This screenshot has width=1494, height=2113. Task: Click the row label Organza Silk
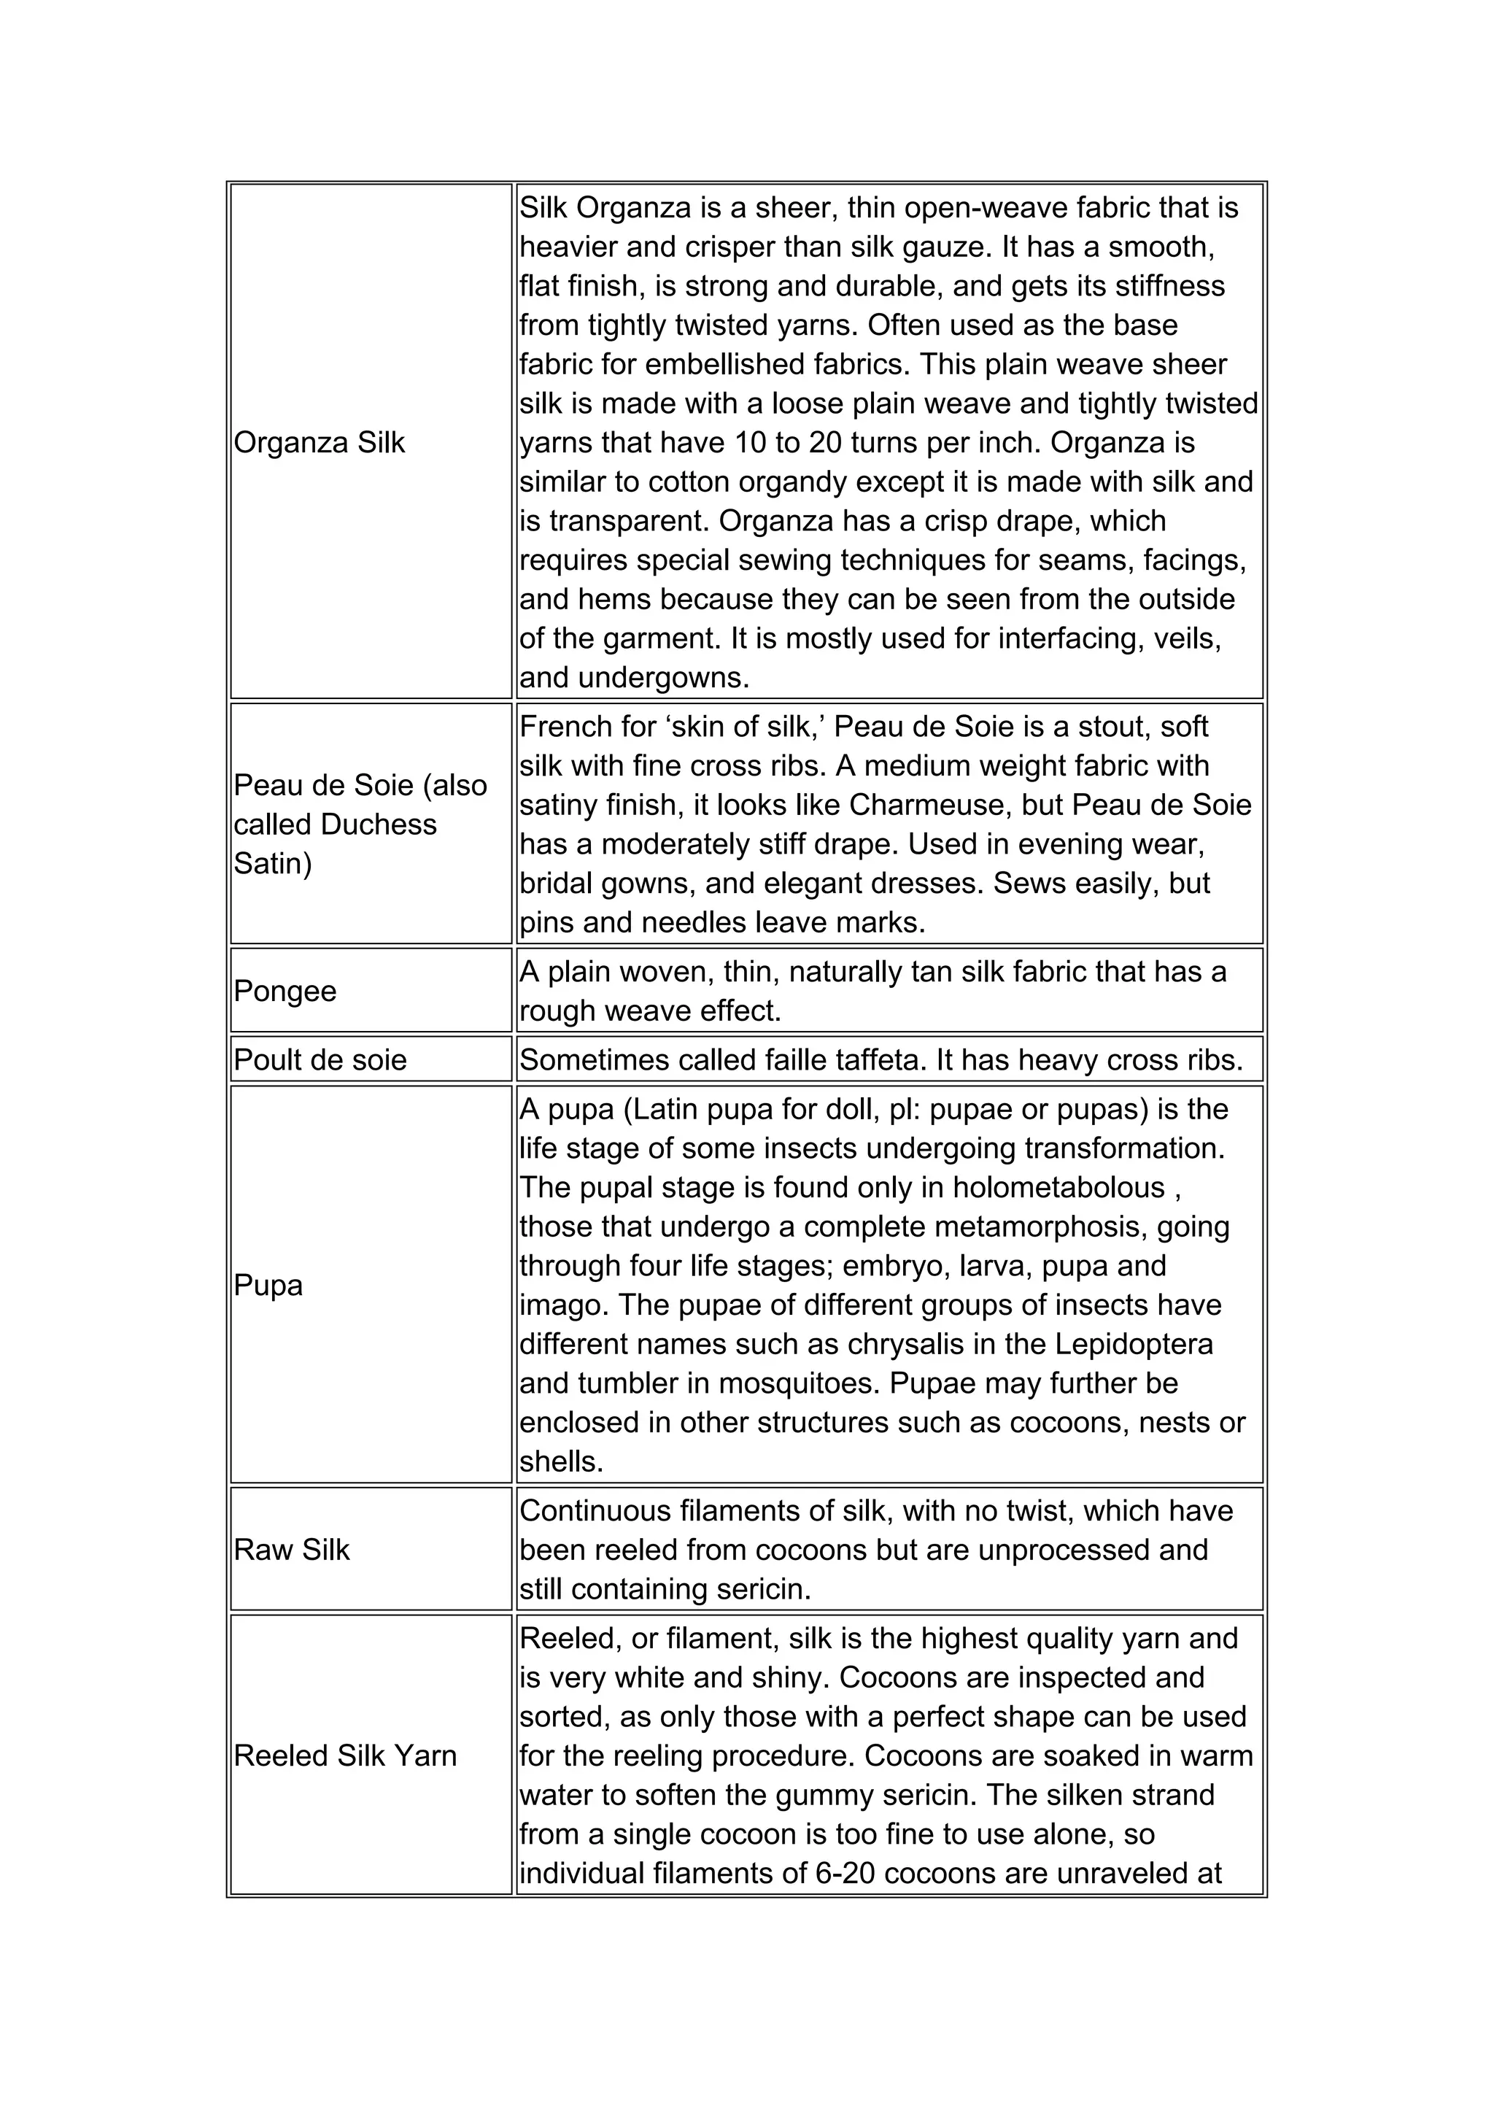coord(320,443)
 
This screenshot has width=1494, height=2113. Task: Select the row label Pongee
coord(285,991)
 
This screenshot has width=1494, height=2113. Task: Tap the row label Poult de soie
coord(320,1059)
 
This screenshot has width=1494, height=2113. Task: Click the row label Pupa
coord(268,1285)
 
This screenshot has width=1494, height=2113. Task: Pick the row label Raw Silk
coord(292,1550)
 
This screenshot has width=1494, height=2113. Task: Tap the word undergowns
coord(665,679)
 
